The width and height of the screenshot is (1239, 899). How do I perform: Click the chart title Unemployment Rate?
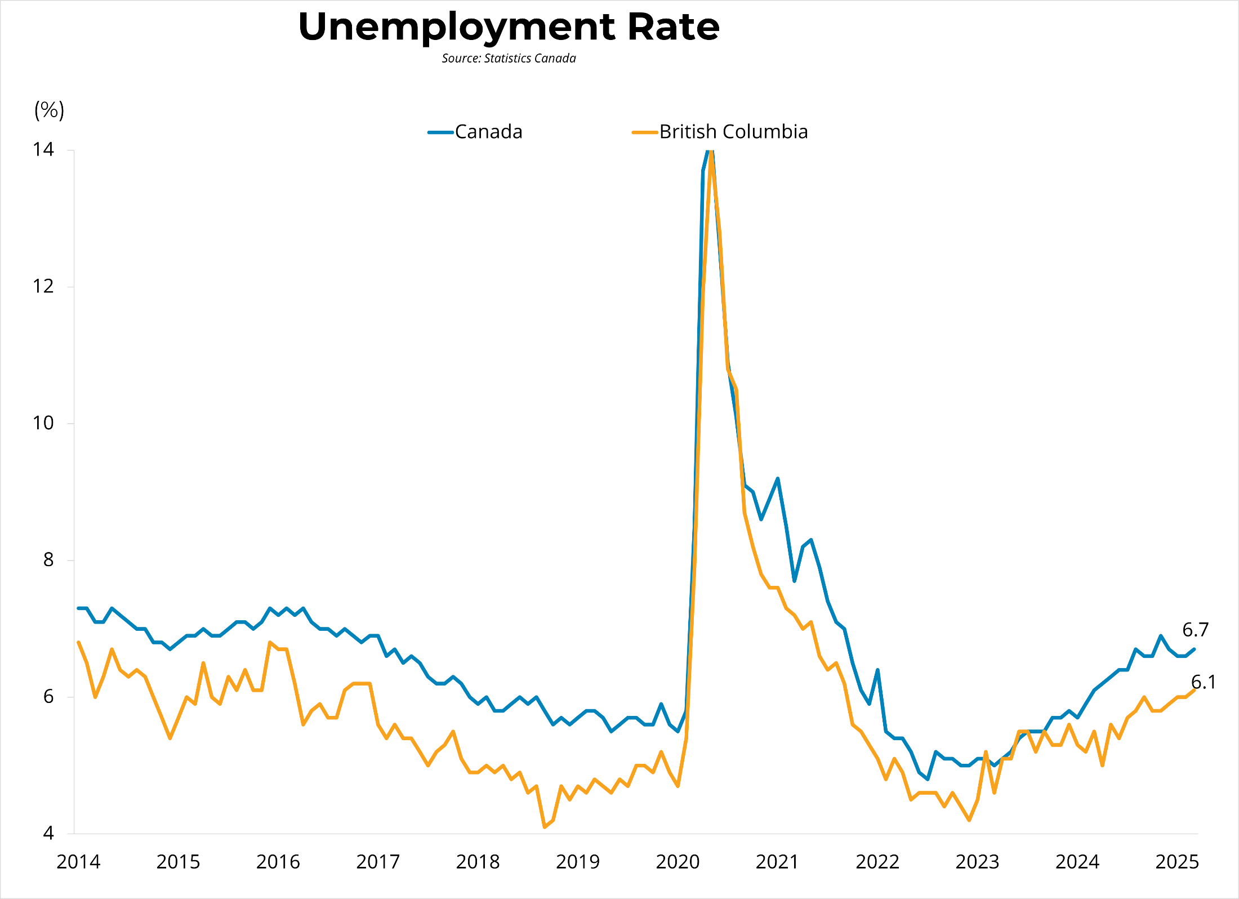coord(509,27)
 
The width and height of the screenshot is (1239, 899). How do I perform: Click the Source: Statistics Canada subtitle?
coord(509,59)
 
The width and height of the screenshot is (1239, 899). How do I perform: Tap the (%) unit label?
coord(50,110)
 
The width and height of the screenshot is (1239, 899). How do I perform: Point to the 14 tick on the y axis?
coord(43,150)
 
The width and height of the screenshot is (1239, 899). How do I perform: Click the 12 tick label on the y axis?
coord(43,287)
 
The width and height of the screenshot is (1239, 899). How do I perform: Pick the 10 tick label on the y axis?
coord(43,423)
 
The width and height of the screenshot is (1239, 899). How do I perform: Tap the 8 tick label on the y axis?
coord(48,560)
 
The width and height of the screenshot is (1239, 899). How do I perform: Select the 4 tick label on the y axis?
coord(48,833)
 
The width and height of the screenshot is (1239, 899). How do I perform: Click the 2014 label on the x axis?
coord(78,862)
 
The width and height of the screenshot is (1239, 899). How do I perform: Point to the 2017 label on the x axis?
coord(378,862)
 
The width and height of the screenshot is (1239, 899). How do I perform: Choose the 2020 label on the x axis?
coord(678,862)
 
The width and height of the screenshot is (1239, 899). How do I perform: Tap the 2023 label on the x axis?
coord(977,862)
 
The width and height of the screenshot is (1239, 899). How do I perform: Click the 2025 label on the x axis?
coord(1177,862)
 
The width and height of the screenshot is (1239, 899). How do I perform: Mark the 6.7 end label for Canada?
coord(1195,630)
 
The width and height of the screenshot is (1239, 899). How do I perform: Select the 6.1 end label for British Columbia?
coord(1203,682)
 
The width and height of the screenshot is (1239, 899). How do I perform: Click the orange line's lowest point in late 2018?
coord(545,827)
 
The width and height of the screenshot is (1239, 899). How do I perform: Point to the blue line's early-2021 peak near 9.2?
coord(778,479)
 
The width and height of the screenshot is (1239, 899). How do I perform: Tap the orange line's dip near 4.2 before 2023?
coord(969,820)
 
